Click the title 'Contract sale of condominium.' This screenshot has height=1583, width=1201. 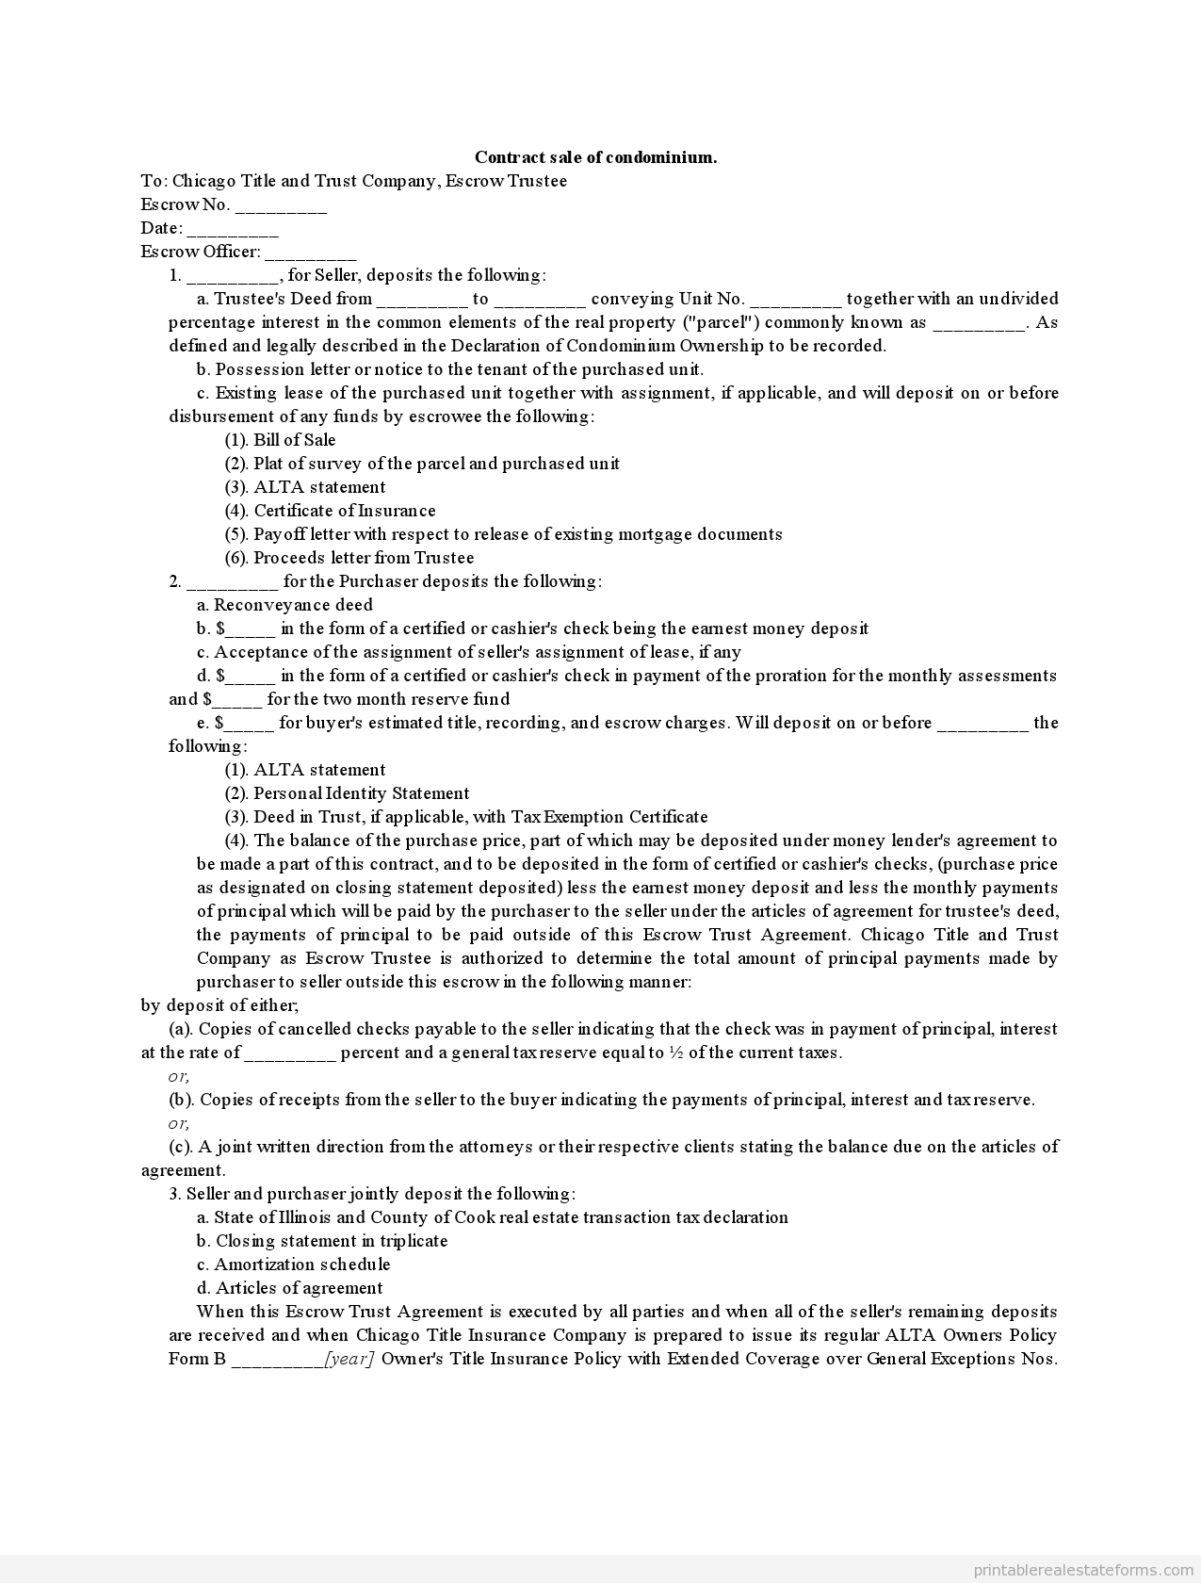(595, 157)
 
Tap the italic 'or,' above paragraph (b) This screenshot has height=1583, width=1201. (179, 1076)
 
